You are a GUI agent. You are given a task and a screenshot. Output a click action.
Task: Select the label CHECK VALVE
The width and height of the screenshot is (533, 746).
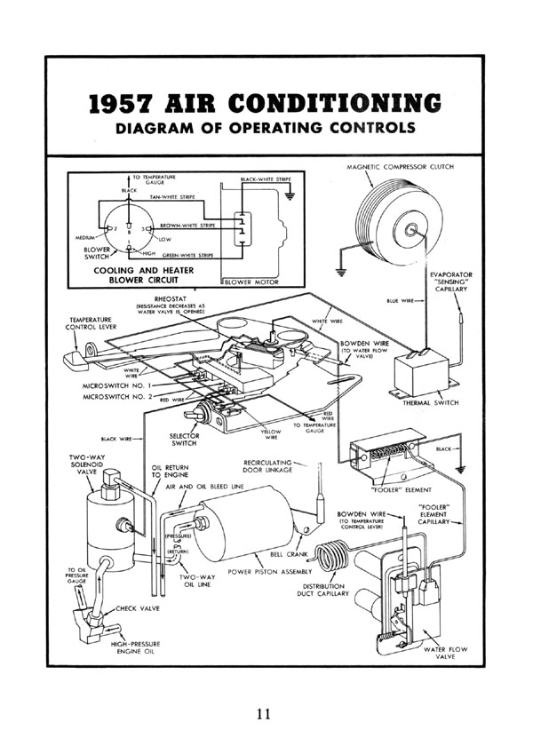[134, 610]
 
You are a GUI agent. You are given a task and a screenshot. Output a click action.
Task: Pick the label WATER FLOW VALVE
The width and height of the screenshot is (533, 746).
[446, 655]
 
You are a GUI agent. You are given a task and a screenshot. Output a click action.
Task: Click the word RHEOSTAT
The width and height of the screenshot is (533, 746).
[173, 299]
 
